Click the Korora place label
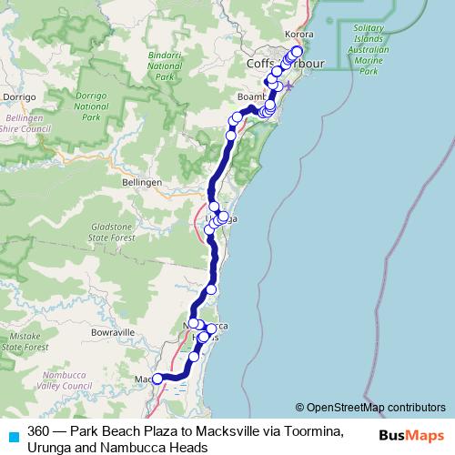tap(299, 34)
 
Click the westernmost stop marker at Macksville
tap(157, 379)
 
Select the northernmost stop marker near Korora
tap(297, 51)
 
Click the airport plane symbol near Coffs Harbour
tap(289, 86)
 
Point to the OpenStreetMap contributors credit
tap(370, 408)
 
